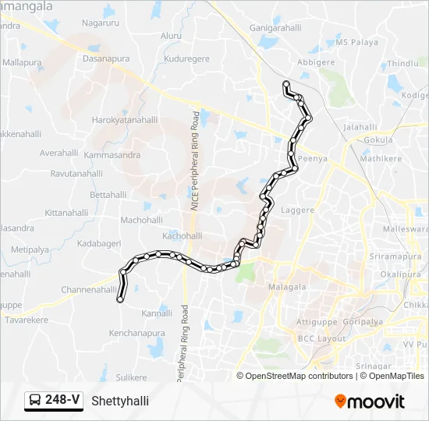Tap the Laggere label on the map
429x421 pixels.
coord(298,210)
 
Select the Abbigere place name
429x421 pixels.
coord(316,62)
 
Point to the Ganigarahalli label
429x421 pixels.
coord(275,27)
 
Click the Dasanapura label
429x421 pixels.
coord(107,58)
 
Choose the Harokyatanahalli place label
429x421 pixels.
coord(125,120)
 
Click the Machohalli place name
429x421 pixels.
coord(141,220)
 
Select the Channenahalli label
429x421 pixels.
coord(89,289)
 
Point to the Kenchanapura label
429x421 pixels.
coord(136,333)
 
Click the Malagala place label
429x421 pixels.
coord(287,287)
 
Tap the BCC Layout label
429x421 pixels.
coord(321,338)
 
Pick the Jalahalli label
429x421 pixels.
coord(360,127)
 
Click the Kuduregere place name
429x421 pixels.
coord(186,58)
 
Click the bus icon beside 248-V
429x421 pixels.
coord(36,401)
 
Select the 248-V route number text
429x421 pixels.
coord(62,401)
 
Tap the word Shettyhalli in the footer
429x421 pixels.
coord(119,402)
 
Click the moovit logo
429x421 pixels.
coord(370,402)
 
